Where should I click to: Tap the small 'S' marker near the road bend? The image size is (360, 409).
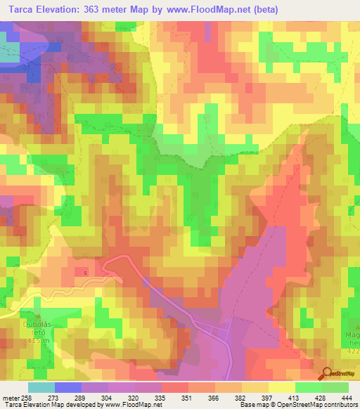click(85, 272)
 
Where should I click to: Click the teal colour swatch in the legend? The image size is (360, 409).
click(41, 387)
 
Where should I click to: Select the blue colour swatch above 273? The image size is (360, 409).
click(67, 387)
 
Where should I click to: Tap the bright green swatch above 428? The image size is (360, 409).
click(308, 387)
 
